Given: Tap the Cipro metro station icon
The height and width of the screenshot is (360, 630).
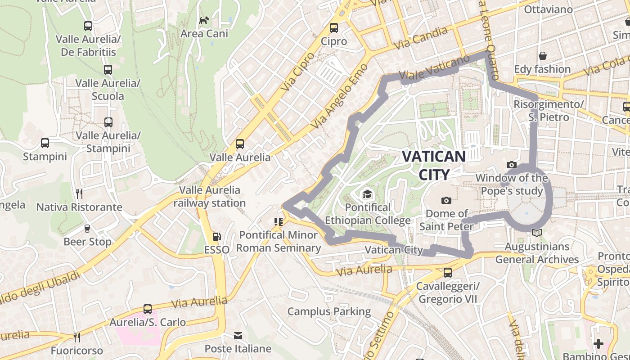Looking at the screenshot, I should click(334, 28).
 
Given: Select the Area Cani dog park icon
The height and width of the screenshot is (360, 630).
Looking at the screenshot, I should click(204, 20).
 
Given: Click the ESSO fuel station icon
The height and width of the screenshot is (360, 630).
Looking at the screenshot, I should click(216, 237).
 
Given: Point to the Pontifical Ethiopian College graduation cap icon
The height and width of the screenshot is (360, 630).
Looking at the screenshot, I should click(368, 194).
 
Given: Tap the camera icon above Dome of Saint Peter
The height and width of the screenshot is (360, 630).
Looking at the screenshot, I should click(446, 200).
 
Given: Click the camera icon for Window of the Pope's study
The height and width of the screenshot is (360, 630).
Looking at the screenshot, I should click(511, 165).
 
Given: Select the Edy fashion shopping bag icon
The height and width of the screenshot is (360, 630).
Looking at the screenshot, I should click(543, 56).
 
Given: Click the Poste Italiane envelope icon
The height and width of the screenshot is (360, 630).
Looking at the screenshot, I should click(238, 336).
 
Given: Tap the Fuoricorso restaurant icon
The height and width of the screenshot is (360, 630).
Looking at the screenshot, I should click(77, 337).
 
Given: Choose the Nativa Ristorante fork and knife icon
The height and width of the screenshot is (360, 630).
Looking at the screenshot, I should click(79, 194).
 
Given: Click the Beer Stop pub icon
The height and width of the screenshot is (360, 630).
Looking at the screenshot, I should click(87, 229).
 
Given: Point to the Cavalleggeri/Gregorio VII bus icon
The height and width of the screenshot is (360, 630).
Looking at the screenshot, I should click(447, 273).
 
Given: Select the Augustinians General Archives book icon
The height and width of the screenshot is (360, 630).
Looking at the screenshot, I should click(536, 233).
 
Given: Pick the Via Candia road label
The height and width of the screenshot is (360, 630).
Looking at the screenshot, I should click(421, 38).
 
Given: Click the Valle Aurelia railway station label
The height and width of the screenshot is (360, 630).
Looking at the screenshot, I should click(210, 197).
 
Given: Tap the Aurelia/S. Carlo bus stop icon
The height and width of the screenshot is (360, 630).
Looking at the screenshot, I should click(148, 309).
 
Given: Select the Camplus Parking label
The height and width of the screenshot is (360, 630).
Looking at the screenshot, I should click(329, 311).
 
